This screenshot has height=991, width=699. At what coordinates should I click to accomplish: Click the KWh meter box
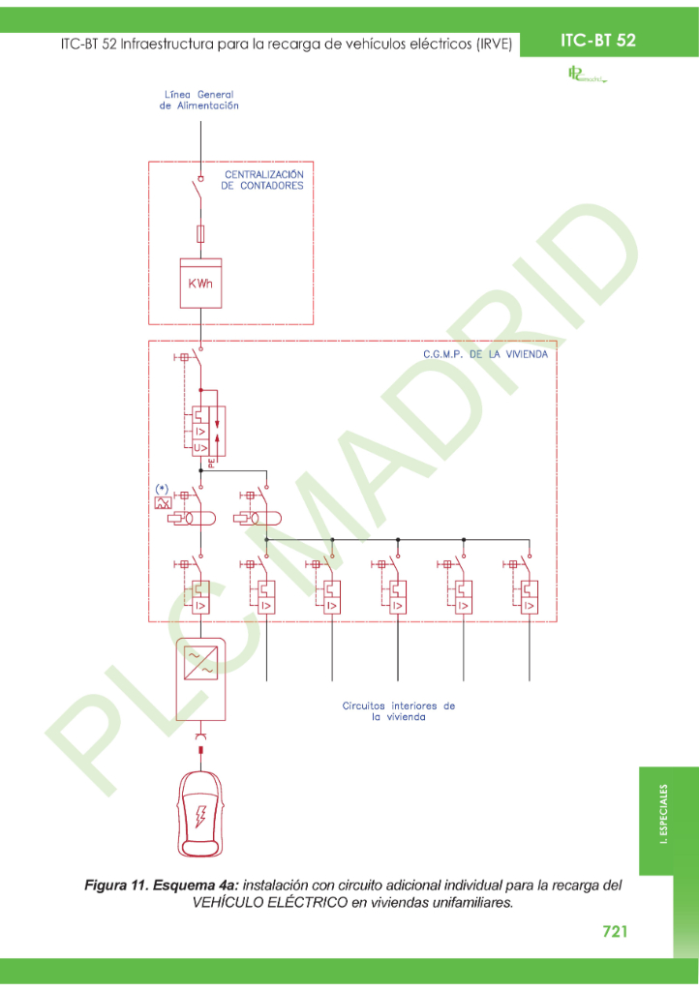200,283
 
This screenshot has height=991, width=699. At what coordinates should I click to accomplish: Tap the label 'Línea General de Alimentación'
198,101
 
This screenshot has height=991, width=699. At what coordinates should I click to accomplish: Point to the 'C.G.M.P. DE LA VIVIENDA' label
485,355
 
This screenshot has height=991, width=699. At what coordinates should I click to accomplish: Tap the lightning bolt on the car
200,817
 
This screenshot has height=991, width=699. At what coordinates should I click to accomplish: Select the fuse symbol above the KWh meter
200,233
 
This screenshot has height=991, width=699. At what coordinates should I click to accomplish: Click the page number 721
615,931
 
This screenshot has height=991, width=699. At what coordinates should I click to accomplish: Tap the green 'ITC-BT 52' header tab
597,41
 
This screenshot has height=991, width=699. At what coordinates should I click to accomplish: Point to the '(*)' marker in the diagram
163,488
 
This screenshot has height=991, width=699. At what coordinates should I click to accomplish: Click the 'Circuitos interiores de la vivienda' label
398,711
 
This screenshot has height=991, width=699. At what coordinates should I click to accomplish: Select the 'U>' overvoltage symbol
198,447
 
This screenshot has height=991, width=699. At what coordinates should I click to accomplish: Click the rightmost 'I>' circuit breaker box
529,606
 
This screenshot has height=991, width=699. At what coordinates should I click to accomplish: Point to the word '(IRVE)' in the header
494,45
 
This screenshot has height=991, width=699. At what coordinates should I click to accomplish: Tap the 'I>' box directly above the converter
200,606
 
